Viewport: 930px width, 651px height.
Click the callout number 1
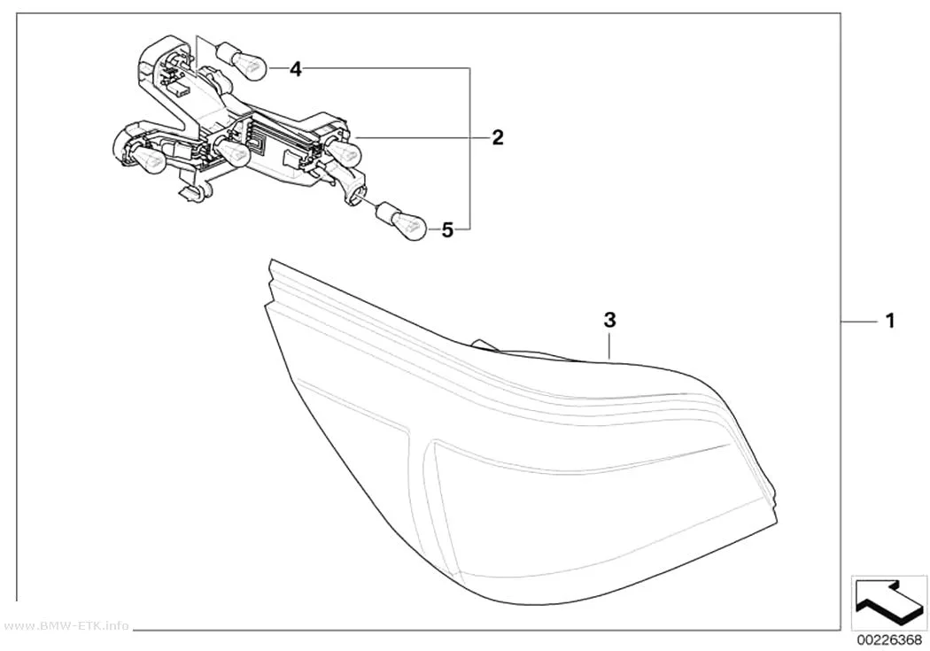pyautogui.click(x=889, y=322)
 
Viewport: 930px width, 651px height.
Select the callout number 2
pyautogui.click(x=498, y=137)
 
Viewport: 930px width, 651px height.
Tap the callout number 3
pyautogui.click(x=609, y=320)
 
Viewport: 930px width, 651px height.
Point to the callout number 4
pyautogui.click(x=295, y=70)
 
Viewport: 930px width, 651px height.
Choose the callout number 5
pyautogui.click(x=447, y=229)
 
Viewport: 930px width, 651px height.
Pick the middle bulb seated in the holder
pyautogui.click(x=231, y=151)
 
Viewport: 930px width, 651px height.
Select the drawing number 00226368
pyautogui.click(x=889, y=640)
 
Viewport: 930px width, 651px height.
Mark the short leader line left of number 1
pyautogui.click(x=859, y=321)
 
